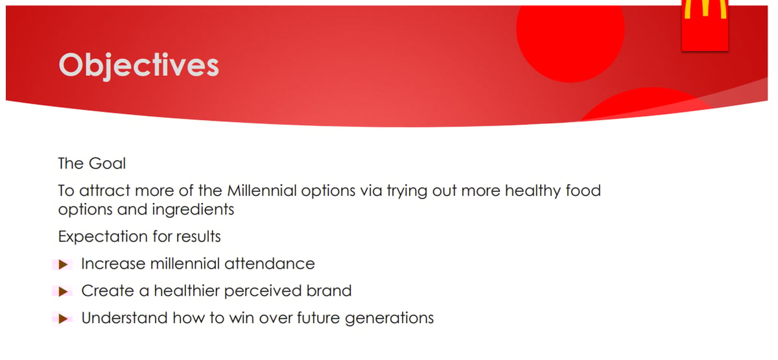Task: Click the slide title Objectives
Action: [x=139, y=66]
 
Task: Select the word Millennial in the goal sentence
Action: [x=262, y=191]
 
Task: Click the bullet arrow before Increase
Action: [x=63, y=265]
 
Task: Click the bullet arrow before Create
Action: [x=63, y=292]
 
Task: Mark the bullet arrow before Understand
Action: [x=63, y=318]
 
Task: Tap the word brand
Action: [x=331, y=291]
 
